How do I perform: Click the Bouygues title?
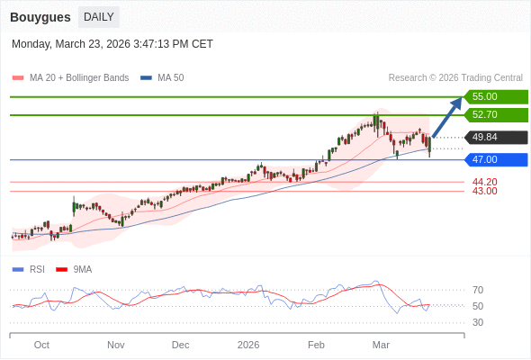click(x=40, y=16)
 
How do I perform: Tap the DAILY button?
click(x=98, y=16)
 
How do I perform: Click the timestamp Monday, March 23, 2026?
click(x=112, y=44)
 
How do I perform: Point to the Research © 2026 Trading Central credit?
click(x=455, y=77)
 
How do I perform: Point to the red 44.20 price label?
click(x=484, y=182)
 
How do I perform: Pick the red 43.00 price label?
click(x=484, y=191)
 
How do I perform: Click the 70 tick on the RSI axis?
click(x=478, y=290)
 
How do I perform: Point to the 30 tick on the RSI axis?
click(x=478, y=322)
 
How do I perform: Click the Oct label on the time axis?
click(x=41, y=344)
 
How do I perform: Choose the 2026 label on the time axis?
click(x=248, y=344)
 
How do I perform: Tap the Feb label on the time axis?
click(x=316, y=344)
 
